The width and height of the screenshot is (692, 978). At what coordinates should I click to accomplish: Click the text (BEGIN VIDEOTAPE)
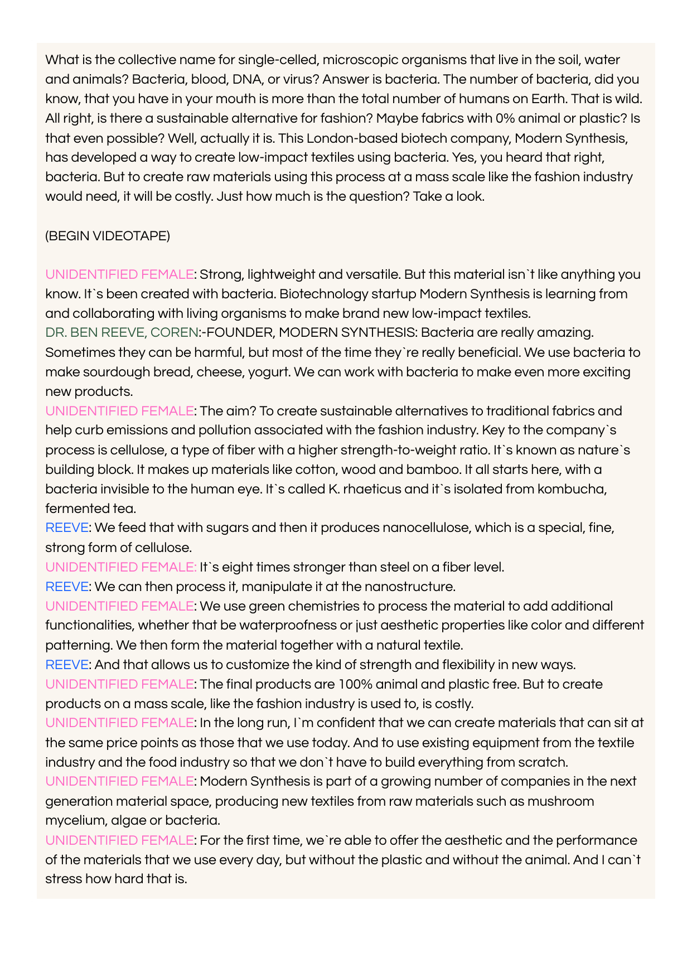tap(108, 236)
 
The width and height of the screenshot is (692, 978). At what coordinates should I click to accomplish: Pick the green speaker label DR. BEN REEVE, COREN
tap(122, 333)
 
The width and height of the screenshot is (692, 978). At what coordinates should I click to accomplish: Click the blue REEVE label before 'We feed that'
tap(67, 527)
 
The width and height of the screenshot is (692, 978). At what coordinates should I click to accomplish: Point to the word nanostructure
tap(409, 587)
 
